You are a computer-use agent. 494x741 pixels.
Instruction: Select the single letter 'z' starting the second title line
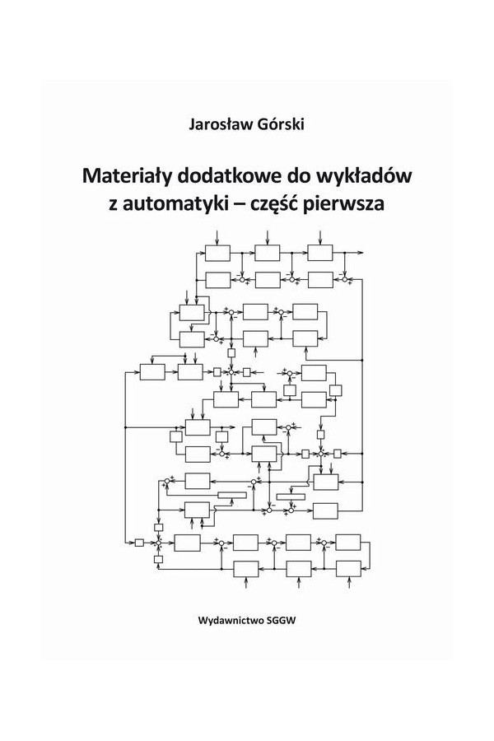click(x=113, y=205)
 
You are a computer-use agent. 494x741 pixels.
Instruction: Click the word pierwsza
click(x=344, y=203)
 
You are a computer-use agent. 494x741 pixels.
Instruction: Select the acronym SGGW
click(x=282, y=620)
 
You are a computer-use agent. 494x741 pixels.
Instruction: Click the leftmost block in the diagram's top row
click(x=218, y=253)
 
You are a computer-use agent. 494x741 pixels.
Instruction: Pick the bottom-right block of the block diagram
click(x=348, y=568)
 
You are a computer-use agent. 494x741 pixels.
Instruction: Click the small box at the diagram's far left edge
click(x=139, y=543)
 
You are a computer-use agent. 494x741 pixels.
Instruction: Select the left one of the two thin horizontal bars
click(x=232, y=495)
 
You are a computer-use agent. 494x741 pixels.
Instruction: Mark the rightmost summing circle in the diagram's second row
click(x=345, y=280)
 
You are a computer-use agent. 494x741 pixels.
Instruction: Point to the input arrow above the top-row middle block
click(x=268, y=238)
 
